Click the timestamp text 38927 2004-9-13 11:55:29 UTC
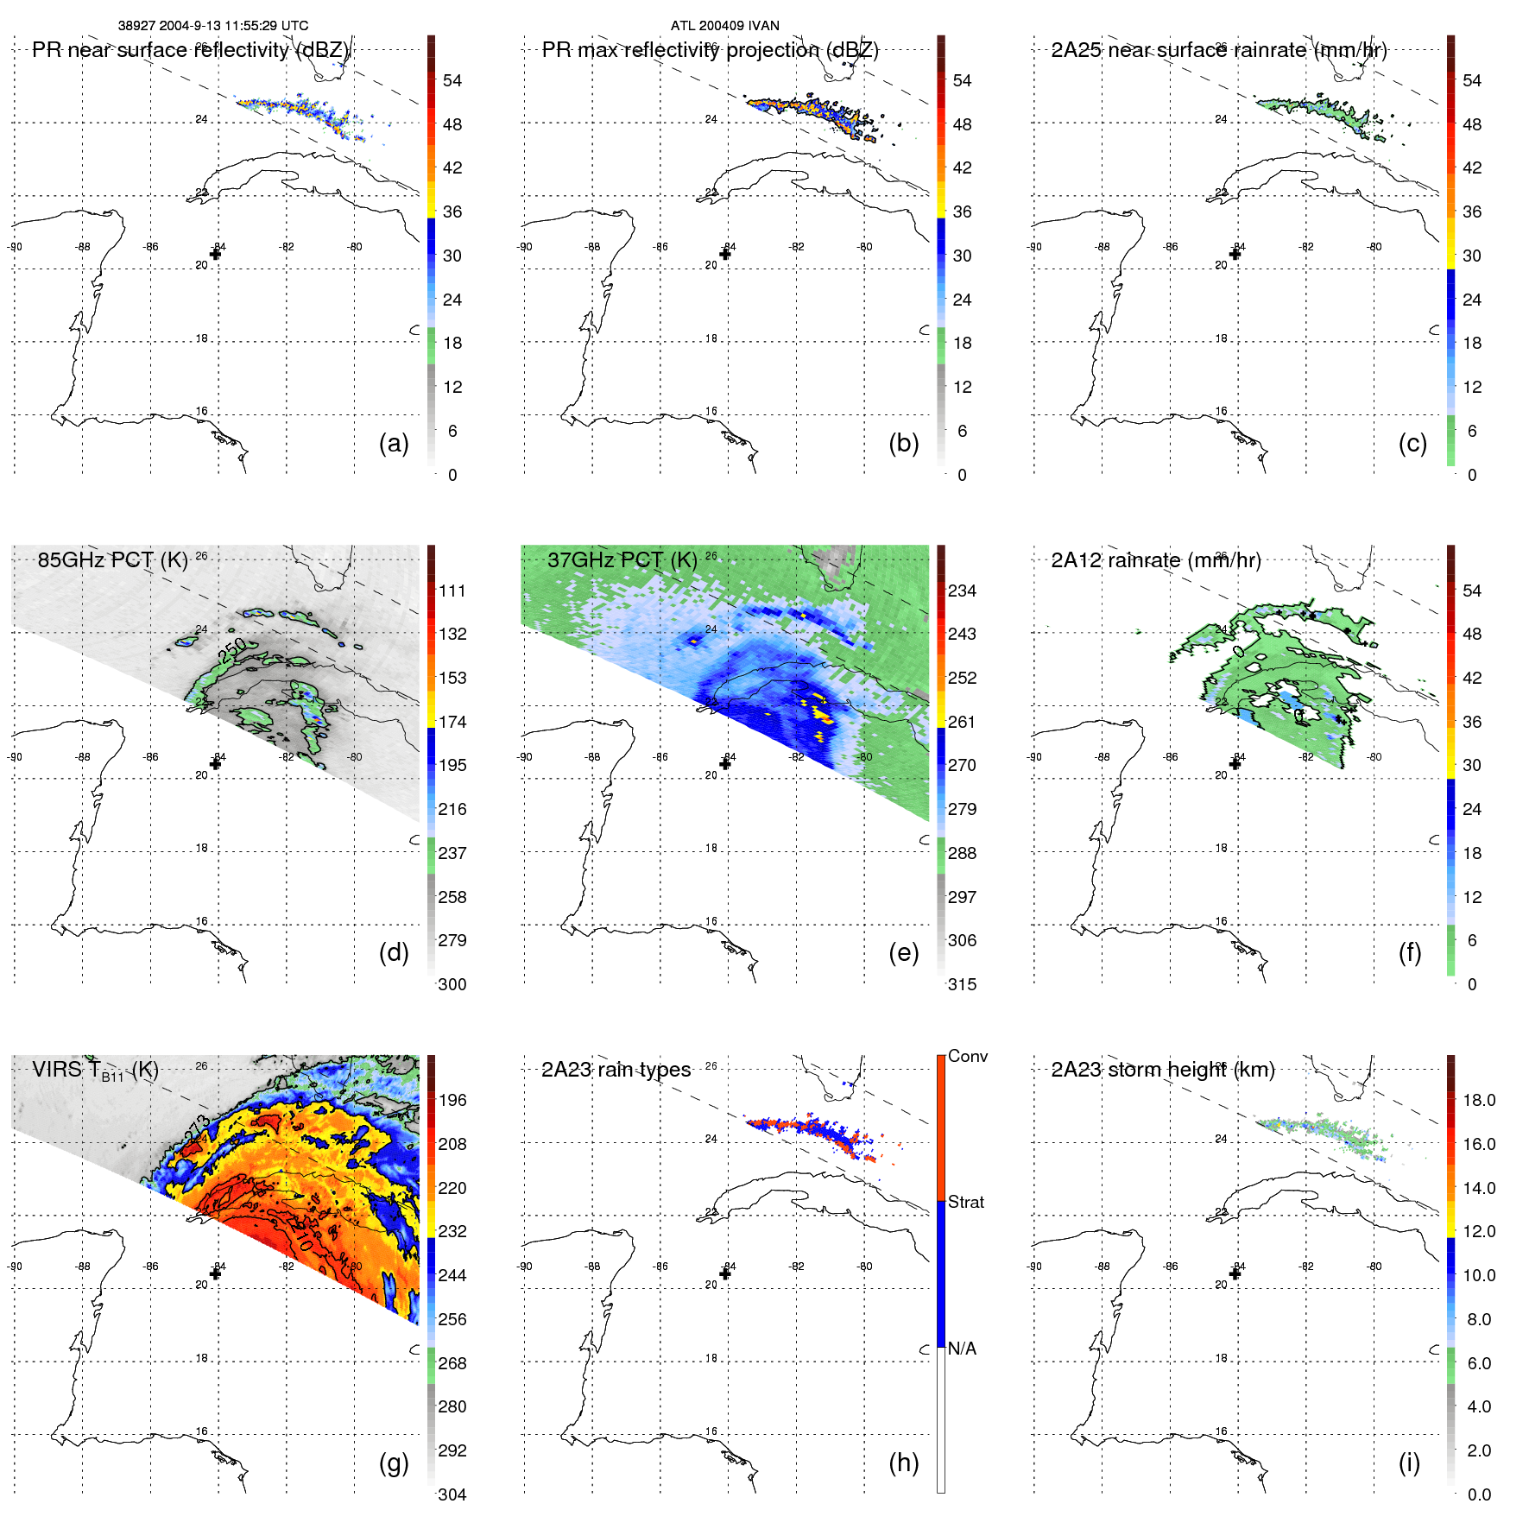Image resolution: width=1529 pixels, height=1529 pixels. click(x=213, y=26)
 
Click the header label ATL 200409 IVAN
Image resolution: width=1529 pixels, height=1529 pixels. click(x=724, y=26)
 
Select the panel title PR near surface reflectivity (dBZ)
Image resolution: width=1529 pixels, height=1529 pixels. click(x=191, y=50)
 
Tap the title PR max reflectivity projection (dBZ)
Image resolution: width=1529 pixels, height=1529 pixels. click(x=710, y=50)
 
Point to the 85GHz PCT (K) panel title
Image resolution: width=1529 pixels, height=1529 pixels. click(x=112, y=560)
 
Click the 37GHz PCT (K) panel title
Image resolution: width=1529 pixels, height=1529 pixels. click(x=622, y=560)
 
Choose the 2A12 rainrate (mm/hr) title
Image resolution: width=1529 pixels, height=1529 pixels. click(x=1155, y=560)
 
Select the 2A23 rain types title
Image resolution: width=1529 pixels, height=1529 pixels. click(x=616, y=1070)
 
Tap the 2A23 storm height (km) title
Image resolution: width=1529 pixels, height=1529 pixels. click(x=1162, y=1070)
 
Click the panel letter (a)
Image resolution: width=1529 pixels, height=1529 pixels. click(x=394, y=443)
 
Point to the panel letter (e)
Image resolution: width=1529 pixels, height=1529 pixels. click(x=903, y=952)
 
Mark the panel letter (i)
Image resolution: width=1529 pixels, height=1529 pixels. click(x=1409, y=1463)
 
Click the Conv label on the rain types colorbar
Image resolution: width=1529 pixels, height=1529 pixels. click(x=967, y=1056)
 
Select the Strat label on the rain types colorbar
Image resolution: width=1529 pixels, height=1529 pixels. click(x=965, y=1202)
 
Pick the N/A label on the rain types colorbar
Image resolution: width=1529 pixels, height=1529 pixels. click(x=962, y=1349)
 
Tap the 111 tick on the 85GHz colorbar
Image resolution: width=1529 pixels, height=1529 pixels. click(x=452, y=591)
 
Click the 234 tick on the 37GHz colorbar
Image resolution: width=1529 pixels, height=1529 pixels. click(x=962, y=591)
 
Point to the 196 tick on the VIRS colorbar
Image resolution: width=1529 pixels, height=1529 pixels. click(x=452, y=1100)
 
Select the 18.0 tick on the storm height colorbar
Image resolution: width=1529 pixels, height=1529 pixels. click(x=1478, y=1100)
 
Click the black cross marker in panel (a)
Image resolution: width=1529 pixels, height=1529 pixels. click(x=216, y=254)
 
